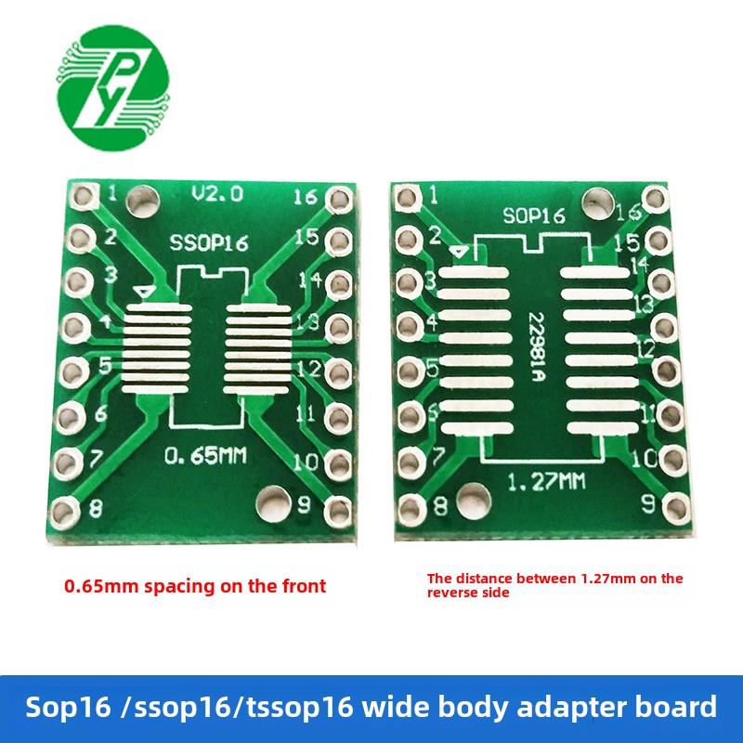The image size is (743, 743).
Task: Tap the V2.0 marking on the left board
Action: point(216,194)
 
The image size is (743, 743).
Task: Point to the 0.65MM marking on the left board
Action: point(205,456)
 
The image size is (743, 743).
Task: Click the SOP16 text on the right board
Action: point(534,216)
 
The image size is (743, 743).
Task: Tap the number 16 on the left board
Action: point(306,197)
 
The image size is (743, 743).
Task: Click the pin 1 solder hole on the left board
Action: point(83,196)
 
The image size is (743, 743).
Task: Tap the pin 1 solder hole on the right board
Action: point(405,196)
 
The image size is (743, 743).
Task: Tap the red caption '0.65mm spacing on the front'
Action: point(194,586)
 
